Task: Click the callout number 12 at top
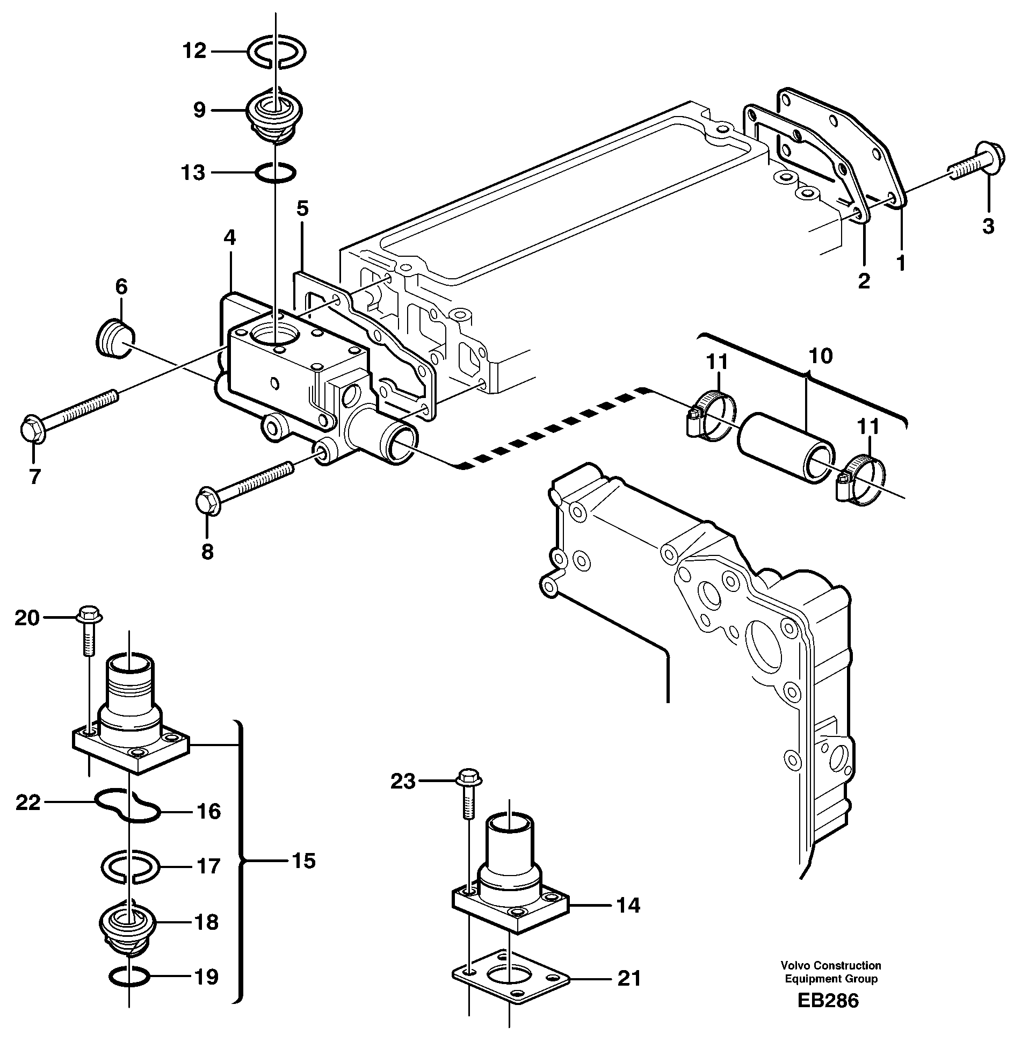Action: click(194, 52)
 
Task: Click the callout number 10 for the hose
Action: click(820, 356)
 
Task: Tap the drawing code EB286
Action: click(828, 1001)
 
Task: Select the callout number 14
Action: click(628, 905)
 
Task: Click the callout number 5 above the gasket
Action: click(302, 208)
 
